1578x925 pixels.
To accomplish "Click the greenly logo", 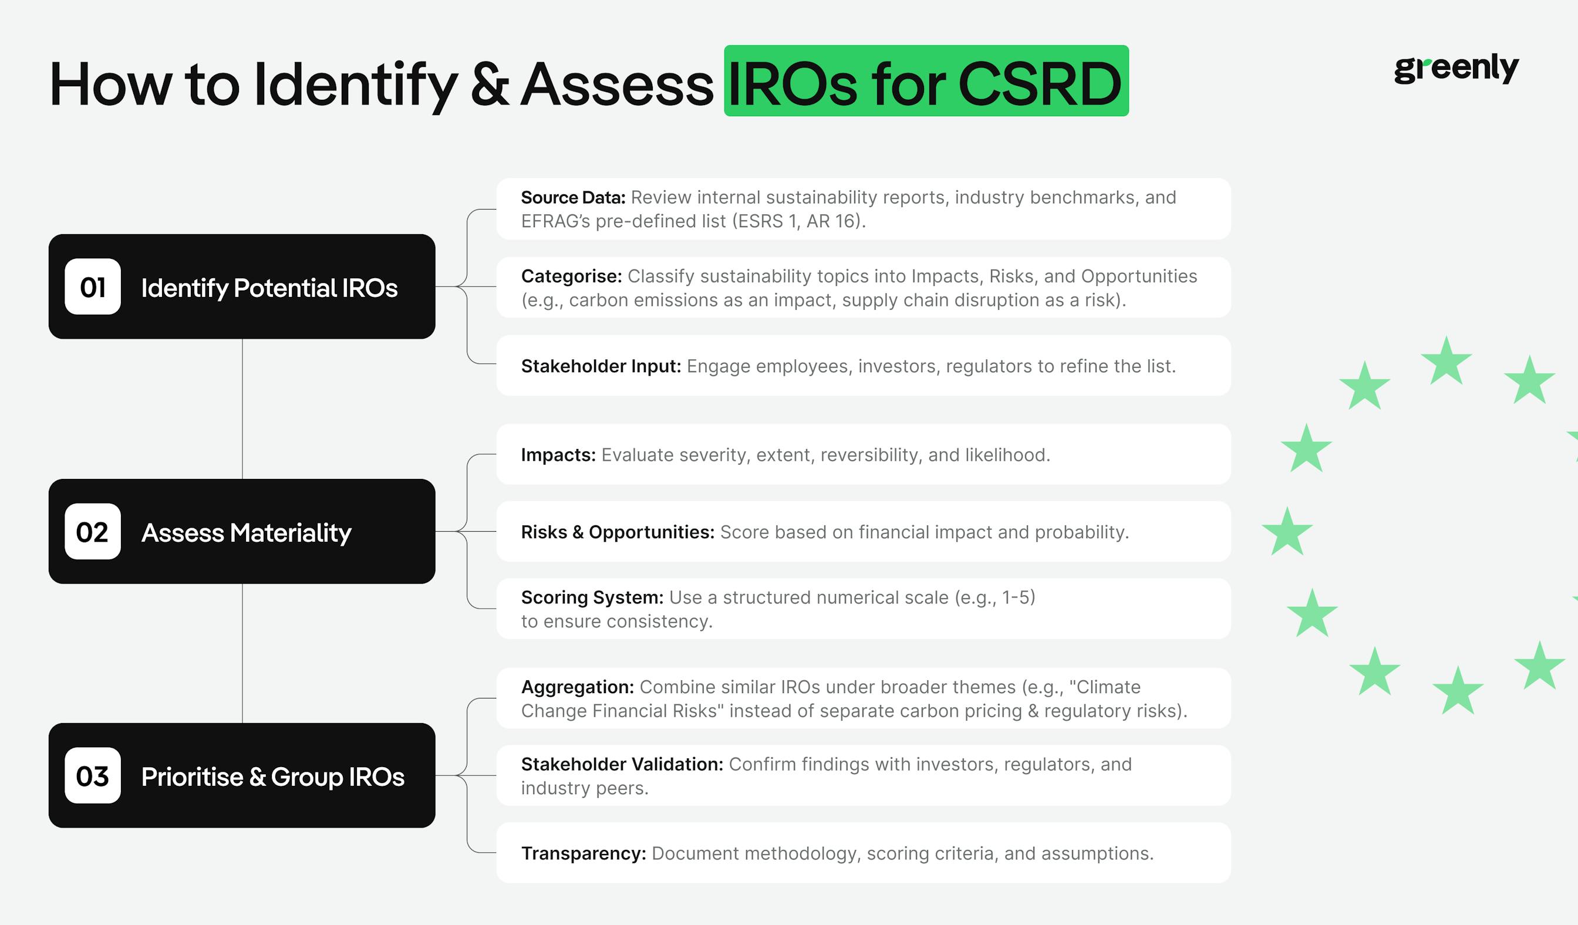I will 1456,67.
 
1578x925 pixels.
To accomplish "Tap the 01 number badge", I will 93,286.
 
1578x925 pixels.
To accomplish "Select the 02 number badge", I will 93,531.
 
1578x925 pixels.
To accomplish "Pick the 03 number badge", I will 93,775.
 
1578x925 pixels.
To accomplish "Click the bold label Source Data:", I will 573,198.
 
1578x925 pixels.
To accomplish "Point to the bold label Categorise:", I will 571,276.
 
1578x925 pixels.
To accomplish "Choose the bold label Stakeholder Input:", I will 601,366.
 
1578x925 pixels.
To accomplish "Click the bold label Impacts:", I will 558,455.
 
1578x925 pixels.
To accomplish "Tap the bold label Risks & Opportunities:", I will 618,532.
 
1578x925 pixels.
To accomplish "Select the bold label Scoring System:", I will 592,597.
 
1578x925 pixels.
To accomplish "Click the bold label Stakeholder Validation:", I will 622,764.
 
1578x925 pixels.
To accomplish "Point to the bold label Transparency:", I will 583,853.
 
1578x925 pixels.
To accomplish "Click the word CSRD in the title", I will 1039,83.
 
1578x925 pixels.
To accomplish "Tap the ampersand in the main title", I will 490,83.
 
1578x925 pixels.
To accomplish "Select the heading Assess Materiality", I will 246,532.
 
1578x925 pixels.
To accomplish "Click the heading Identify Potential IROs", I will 269,288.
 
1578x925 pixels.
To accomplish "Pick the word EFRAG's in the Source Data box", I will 555,221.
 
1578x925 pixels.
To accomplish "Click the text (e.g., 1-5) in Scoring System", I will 994,597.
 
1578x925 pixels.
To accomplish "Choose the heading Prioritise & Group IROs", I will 272,777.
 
